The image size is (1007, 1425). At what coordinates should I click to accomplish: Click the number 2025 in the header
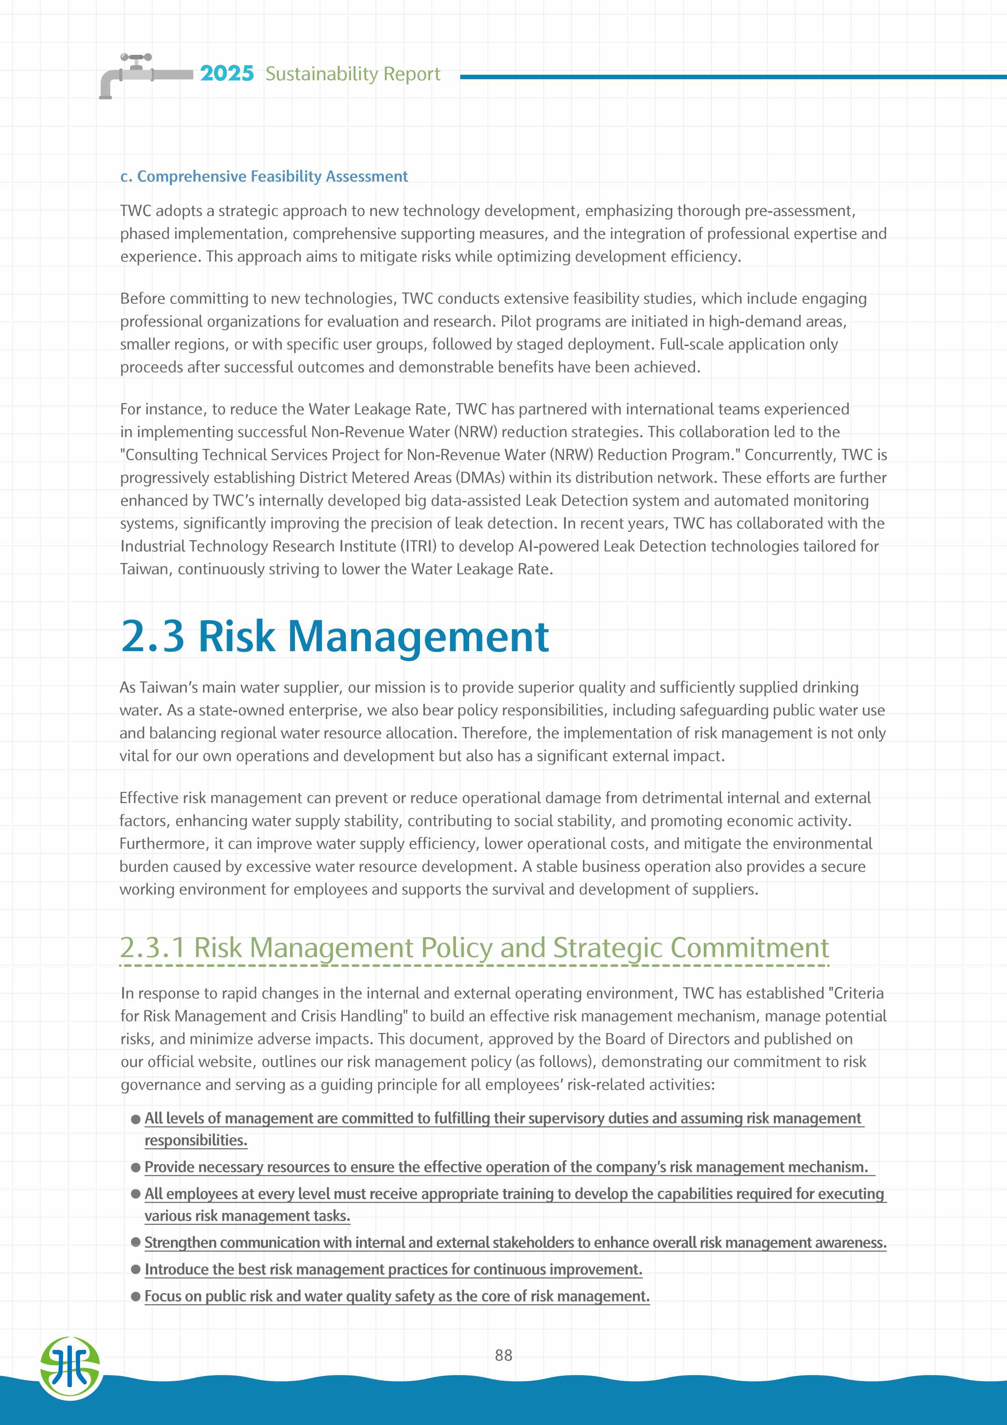(227, 73)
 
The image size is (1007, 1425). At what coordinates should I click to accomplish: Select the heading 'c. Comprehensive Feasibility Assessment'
(264, 177)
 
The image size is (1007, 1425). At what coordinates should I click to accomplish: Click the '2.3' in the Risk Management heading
(152, 636)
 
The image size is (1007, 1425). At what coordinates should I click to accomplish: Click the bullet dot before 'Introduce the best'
(136, 1270)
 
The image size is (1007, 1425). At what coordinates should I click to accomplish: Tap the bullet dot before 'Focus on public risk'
(136, 1297)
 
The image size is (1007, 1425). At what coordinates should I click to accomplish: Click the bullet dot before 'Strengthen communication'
(136, 1243)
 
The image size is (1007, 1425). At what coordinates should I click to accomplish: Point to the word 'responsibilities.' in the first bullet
(195, 1141)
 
